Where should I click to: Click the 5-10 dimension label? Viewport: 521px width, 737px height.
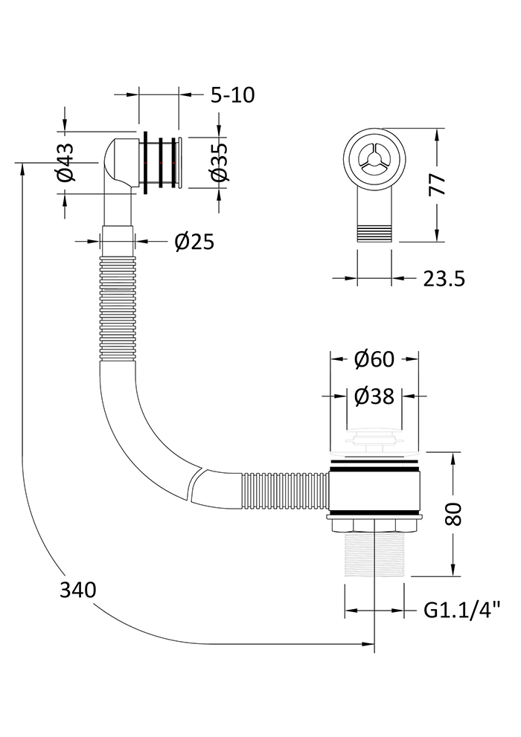coord(232,95)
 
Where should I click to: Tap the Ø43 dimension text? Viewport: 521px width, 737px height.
coord(65,162)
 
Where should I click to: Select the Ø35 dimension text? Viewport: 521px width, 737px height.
coord(219,162)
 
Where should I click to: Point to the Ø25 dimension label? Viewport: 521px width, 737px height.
coord(194,242)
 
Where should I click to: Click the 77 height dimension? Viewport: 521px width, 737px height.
coord(438,184)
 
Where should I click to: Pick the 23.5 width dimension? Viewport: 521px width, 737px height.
coord(444,279)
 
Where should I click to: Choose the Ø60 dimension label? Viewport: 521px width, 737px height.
coord(374,359)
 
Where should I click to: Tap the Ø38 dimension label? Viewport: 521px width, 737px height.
coord(374,396)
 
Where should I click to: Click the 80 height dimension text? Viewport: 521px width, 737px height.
coord(454,514)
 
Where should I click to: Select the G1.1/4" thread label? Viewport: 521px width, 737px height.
coord(461,611)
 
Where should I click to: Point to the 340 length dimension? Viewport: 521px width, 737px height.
coord(77,590)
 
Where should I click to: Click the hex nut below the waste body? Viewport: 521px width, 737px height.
coord(374,524)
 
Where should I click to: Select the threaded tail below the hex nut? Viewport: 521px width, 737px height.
coord(374,554)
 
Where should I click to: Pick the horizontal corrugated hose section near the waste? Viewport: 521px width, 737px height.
coord(285,491)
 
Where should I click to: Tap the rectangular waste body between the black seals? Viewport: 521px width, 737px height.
coord(374,491)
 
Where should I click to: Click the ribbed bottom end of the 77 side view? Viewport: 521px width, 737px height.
coord(374,234)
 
